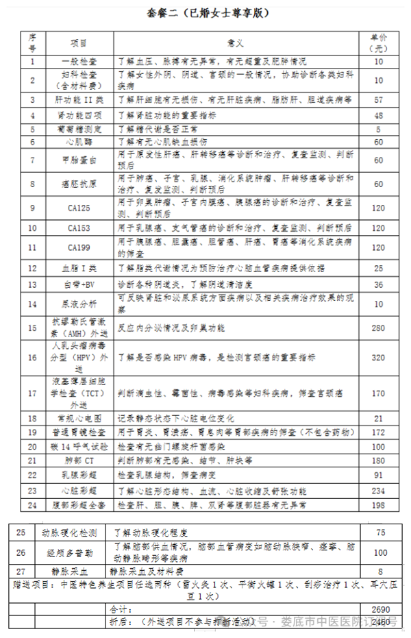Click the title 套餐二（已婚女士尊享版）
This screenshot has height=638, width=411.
pyautogui.click(x=205, y=13)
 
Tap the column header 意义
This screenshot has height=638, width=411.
pyautogui.click(x=237, y=42)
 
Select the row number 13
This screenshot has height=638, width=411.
pyautogui.click(x=32, y=284)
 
